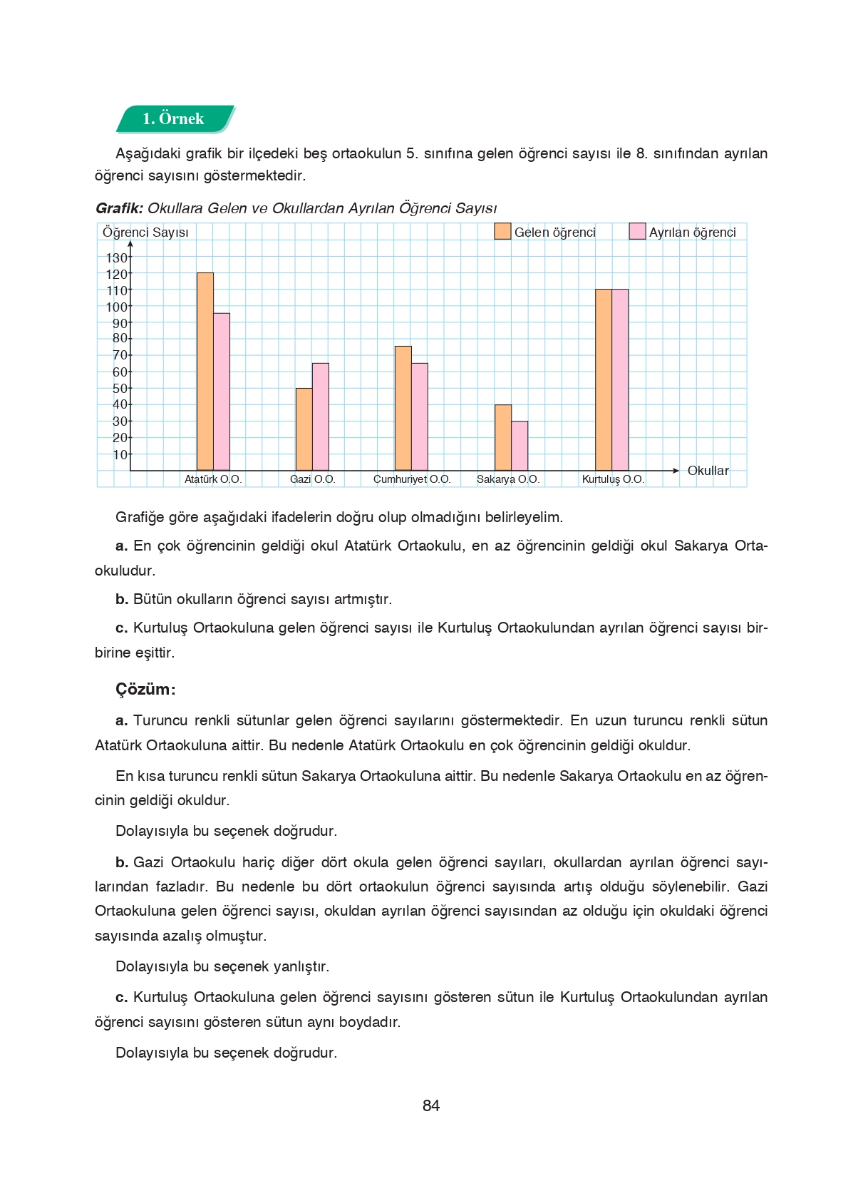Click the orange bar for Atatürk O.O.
click(x=205, y=371)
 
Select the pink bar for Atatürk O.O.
click(x=222, y=391)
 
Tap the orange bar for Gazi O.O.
click(x=304, y=429)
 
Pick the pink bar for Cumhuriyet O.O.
click(x=420, y=416)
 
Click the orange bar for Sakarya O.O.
click(x=503, y=437)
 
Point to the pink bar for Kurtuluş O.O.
click(x=620, y=379)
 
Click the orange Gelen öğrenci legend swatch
click(x=502, y=231)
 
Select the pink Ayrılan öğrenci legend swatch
click(x=637, y=231)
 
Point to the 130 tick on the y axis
click(x=117, y=257)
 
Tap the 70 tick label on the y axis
click(x=120, y=355)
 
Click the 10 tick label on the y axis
click(x=120, y=454)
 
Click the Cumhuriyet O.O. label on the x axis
click(x=412, y=479)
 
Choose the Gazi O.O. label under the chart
click(x=312, y=479)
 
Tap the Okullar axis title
click(x=708, y=471)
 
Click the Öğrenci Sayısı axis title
click(x=145, y=232)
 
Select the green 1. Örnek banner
click(x=174, y=119)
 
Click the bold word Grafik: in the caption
click(x=119, y=208)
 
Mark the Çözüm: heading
click(x=145, y=690)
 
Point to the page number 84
click(x=431, y=1105)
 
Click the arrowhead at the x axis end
click(x=676, y=471)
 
